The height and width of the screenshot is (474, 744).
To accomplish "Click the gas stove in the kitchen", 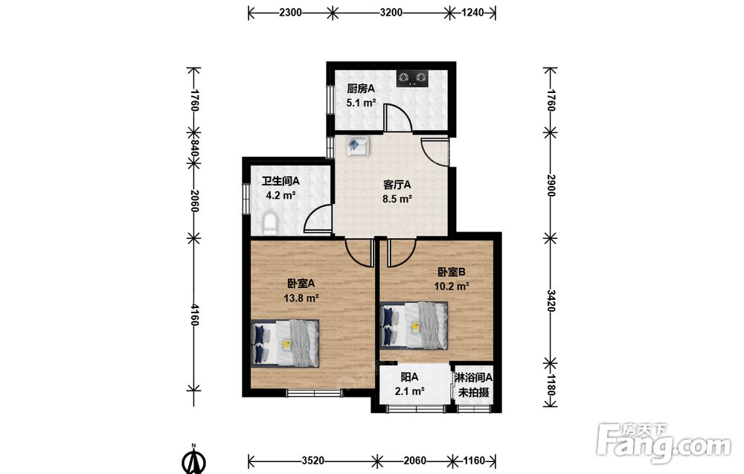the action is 412,78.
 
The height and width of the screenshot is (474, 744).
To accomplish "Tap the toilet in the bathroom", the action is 269,224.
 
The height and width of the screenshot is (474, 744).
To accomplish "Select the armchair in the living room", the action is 358,146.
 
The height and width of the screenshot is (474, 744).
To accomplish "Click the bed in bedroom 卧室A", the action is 285,342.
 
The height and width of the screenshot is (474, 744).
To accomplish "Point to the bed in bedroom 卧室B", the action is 414,325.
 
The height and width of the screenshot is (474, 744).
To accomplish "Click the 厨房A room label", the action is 361,89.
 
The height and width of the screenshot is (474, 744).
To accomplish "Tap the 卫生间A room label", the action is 280,181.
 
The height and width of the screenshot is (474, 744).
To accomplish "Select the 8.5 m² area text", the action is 397,199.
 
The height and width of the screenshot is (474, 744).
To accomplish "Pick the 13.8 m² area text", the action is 301,298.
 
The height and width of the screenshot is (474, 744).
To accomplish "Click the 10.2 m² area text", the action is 452,286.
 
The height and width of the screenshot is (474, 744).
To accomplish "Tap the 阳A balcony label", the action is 409,377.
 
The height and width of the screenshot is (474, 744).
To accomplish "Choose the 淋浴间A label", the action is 473,378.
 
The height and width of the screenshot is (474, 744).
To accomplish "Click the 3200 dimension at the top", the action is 391,13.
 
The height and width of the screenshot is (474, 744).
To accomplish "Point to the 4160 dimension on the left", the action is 194,315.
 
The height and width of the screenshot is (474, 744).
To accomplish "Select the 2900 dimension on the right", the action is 551,185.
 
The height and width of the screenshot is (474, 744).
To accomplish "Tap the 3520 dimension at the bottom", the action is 313,461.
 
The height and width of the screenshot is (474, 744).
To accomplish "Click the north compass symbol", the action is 193,459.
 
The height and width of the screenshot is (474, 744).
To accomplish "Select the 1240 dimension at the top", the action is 472,13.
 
